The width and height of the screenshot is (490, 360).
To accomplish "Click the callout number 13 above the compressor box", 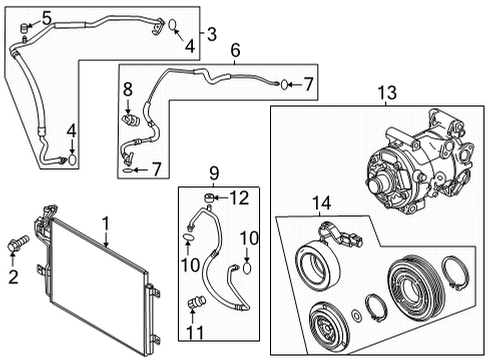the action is click(x=387, y=92).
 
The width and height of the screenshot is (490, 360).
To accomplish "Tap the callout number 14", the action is click(x=321, y=203).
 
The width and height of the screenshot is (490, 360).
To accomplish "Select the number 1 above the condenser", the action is click(x=106, y=223).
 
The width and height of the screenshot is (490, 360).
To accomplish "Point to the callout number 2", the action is click(x=13, y=277).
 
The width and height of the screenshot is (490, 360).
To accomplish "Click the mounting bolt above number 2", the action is click(x=18, y=244).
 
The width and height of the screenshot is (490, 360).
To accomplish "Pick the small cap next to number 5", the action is click(x=25, y=28).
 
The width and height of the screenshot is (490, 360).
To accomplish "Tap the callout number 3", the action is click(x=212, y=34).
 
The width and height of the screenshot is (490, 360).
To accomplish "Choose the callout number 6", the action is click(x=235, y=50).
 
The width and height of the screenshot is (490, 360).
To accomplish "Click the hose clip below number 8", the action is click(x=130, y=120).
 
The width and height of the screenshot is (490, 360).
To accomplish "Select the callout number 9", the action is click(x=214, y=173).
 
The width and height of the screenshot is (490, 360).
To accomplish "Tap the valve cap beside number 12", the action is click(x=209, y=198).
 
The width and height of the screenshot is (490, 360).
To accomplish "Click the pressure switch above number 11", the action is click(x=197, y=303).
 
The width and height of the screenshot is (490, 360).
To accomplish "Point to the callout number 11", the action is click(x=195, y=332).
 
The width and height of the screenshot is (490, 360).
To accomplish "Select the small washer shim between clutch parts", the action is click(x=356, y=316).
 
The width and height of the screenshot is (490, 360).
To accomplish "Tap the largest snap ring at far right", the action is click(x=455, y=273).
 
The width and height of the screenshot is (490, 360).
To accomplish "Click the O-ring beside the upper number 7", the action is click(x=284, y=85).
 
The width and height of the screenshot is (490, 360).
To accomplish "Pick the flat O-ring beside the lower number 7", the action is click(x=127, y=170).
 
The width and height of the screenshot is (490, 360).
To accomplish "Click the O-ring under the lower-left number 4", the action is click(x=72, y=159).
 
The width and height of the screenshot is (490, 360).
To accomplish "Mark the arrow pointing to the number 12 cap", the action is click(x=221, y=198).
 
